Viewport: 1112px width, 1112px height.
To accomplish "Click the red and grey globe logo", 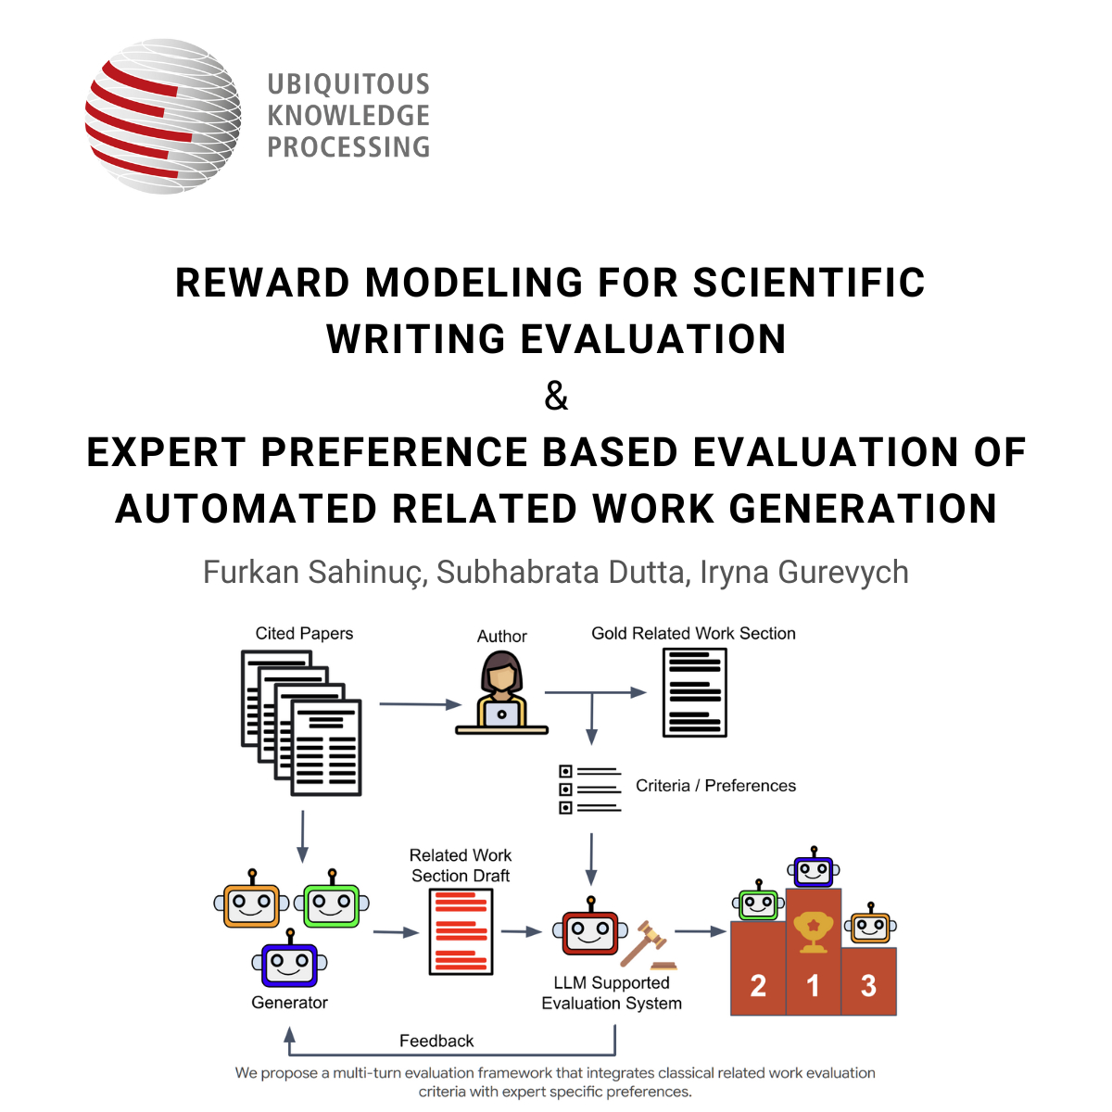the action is (163, 116).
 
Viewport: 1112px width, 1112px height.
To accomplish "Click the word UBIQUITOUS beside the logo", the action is (348, 84).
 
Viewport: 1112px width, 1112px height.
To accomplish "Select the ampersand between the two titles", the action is (556, 396).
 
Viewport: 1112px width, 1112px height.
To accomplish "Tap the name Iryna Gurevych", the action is (803, 573).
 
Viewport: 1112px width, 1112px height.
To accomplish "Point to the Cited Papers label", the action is (304, 633).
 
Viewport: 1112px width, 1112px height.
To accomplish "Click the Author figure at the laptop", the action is (501, 692).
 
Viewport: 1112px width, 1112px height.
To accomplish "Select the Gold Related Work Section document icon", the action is (694, 692).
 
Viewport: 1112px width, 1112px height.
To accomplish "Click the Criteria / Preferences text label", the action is (715, 786).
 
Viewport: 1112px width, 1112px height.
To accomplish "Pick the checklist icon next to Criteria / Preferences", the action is (589, 789).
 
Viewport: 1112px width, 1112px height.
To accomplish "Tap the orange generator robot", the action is (251, 900).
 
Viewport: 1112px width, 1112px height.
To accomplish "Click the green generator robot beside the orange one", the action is (331, 900).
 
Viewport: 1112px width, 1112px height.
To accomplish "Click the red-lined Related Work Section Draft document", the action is (461, 931).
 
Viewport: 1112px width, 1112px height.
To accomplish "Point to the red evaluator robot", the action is (589, 926).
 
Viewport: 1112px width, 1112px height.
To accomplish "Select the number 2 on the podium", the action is (758, 986).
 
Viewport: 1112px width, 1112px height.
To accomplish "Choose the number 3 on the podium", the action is (868, 986).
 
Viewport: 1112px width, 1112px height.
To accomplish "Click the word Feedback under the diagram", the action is (436, 1041).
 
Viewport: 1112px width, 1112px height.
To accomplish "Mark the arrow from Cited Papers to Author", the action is (420, 704).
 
